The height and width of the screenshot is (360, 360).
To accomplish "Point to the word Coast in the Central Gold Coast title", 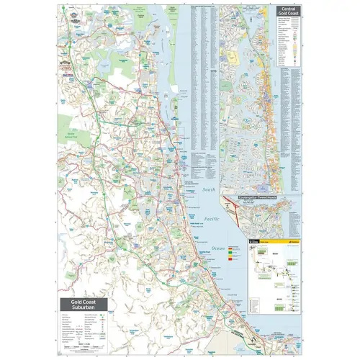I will click(294, 16).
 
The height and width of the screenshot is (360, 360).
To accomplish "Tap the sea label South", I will click(209, 189).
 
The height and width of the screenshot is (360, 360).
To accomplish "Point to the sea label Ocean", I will click(218, 247).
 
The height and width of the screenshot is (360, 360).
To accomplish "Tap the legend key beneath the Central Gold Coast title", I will click(291, 43).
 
